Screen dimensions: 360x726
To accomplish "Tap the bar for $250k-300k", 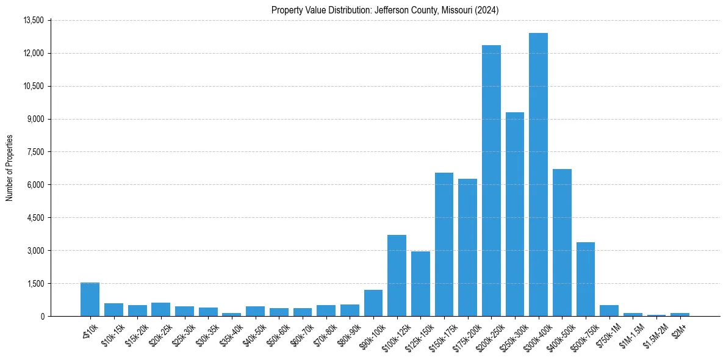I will (x=514, y=214).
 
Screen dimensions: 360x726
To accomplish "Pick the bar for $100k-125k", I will (x=397, y=275).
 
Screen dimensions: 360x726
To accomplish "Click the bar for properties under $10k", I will (x=90, y=299).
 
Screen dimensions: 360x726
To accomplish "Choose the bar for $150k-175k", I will (x=444, y=244).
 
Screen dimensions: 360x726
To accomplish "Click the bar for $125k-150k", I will (x=420, y=284).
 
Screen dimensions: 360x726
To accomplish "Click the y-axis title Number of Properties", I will (x=10, y=168).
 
